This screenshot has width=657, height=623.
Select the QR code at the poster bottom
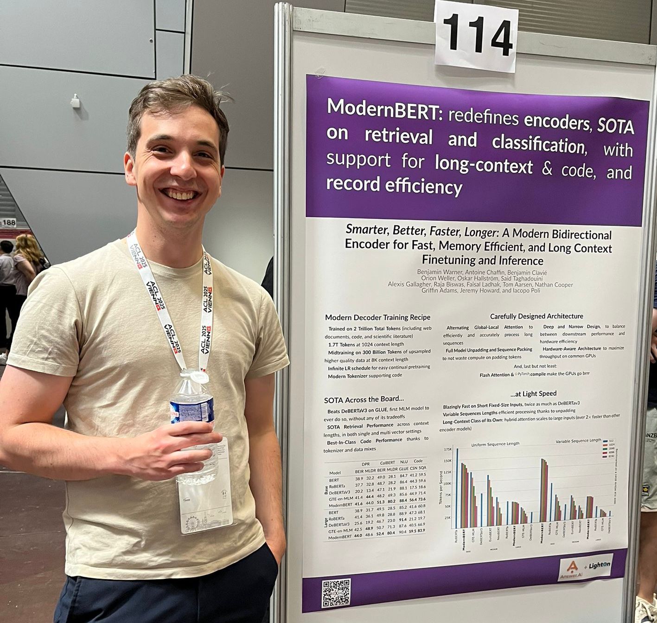(x=336, y=592)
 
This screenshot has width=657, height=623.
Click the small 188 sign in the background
(x=8, y=223)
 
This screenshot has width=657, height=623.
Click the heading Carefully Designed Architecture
(x=536, y=316)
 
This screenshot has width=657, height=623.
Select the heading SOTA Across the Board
(x=364, y=399)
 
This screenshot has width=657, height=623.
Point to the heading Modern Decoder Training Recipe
(x=377, y=317)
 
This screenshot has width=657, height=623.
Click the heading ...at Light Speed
(x=533, y=393)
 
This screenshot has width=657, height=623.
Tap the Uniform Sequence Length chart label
(x=495, y=444)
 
